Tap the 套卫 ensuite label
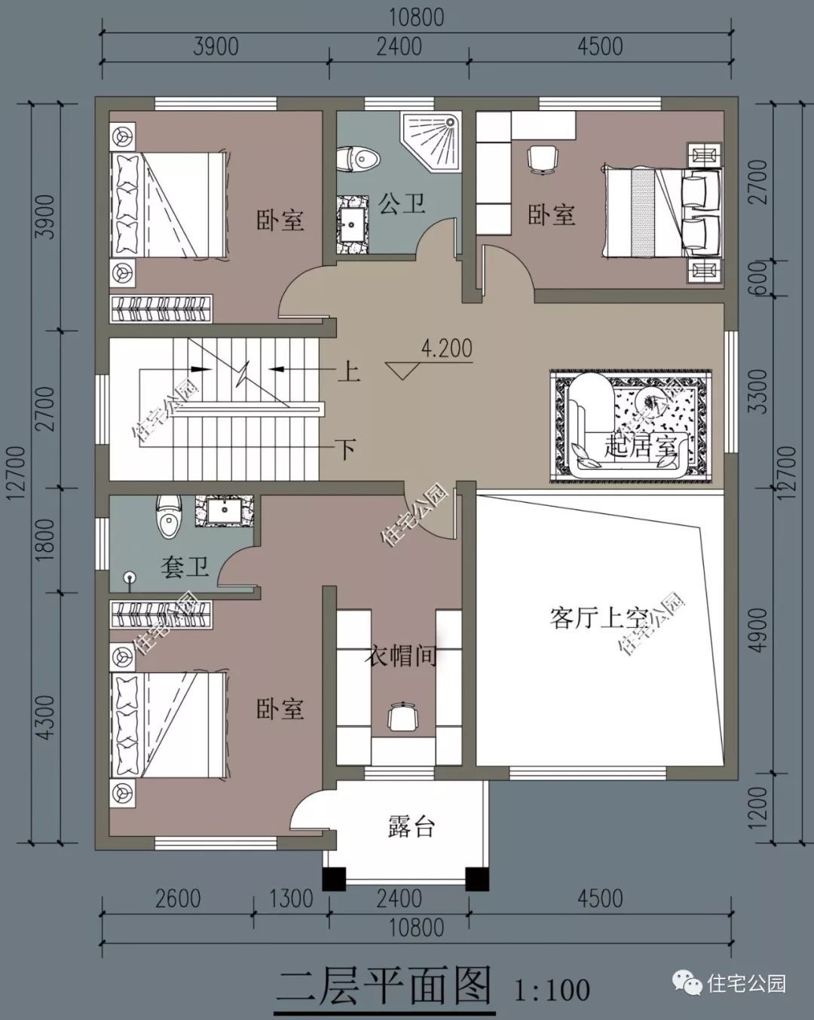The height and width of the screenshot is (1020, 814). click(x=184, y=566)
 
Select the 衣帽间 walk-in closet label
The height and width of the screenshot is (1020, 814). click(x=401, y=655)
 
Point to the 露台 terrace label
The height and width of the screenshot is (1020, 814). click(x=412, y=827)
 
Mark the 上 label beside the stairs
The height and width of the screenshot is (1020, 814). click(x=347, y=371)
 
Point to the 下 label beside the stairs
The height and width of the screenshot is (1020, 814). click(x=346, y=450)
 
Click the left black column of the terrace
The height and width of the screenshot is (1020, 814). click(x=334, y=879)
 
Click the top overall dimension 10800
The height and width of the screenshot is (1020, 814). click(x=416, y=17)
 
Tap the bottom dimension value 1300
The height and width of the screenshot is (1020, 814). click(x=291, y=899)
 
